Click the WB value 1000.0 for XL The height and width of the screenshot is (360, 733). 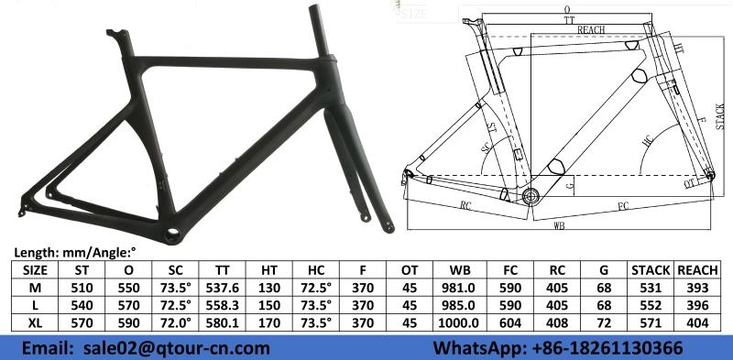pyautogui.click(x=459, y=322)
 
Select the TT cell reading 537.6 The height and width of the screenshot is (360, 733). pyautogui.click(x=223, y=288)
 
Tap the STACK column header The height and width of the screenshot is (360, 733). pyautogui.click(x=651, y=270)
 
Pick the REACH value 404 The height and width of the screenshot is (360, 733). pyautogui.click(x=697, y=322)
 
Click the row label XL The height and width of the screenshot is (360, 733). pyautogui.click(x=36, y=322)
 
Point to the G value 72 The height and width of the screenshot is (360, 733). pyautogui.click(x=604, y=322)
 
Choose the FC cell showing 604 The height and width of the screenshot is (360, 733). pyautogui.click(x=510, y=322)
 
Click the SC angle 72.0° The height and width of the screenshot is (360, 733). pyautogui.click(x=176, y=322)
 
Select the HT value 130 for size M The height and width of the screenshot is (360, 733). pyautogui.click(x=269, y=288)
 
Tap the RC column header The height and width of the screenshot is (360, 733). pyautogui.click(x=557, y=270)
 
